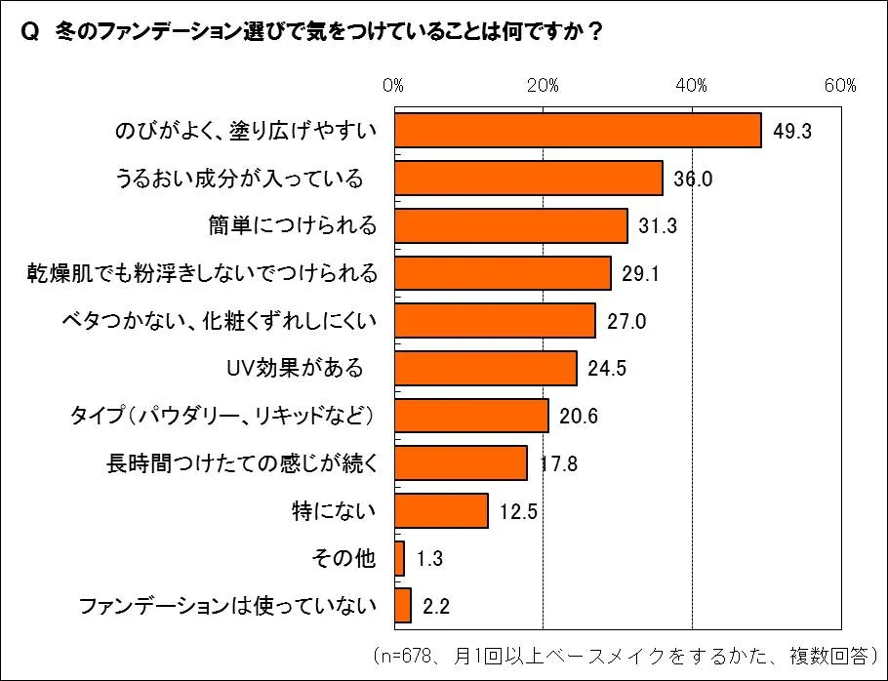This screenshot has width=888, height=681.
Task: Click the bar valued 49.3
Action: click(578, 131)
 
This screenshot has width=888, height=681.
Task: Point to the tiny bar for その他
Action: click(399, 558)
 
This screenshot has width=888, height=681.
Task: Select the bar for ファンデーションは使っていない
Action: click(403, 606)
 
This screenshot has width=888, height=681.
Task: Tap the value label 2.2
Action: click(435, 606)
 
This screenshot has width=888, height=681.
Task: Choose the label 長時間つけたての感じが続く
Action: click(241, 463)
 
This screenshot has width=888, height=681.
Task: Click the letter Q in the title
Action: click(28, 33)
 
